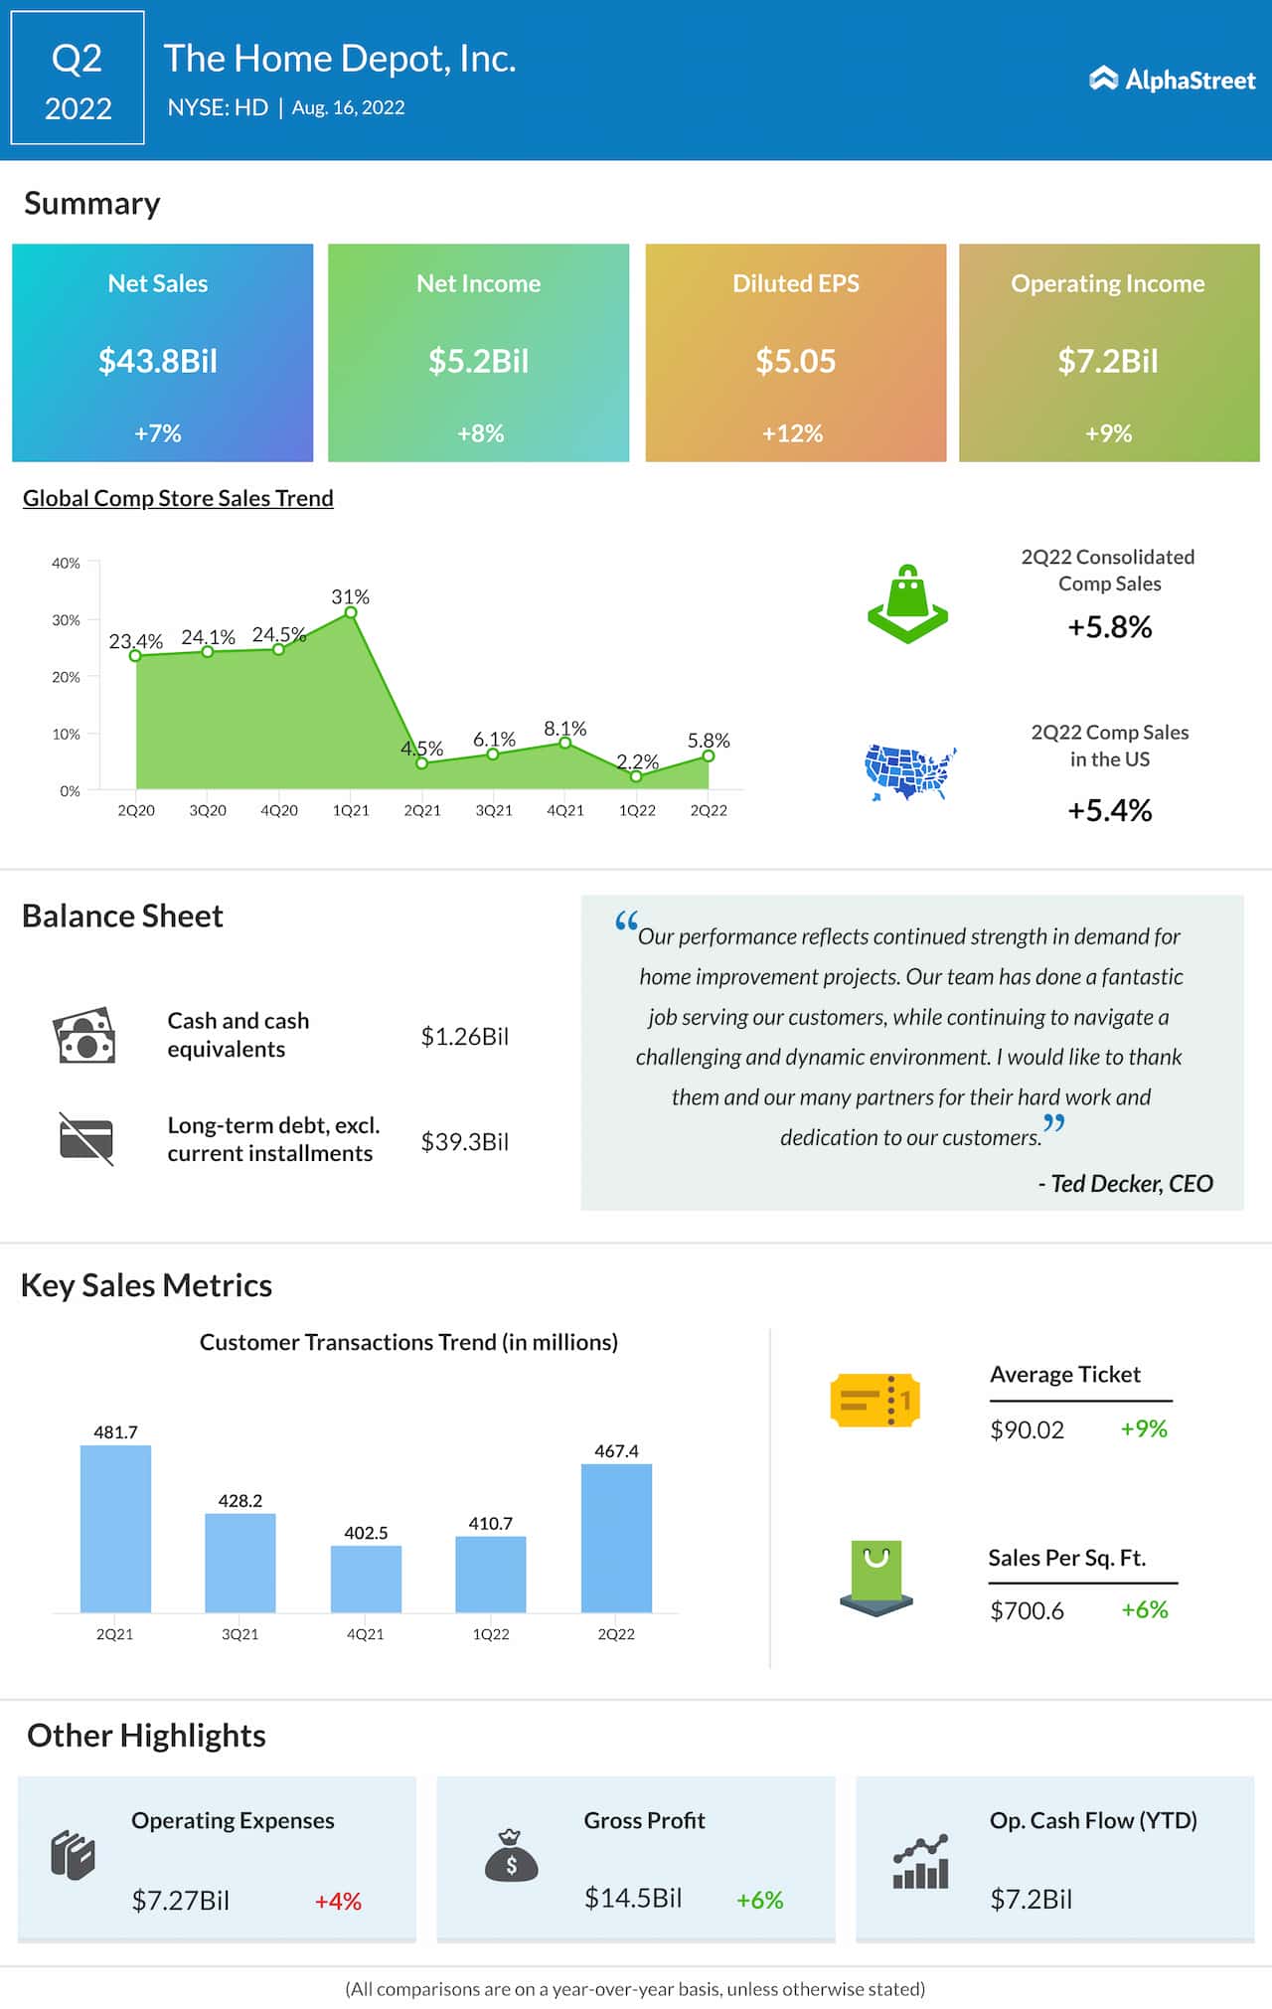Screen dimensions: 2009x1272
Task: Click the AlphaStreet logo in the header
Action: (x=1173, y=80)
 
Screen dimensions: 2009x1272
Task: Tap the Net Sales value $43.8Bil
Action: (x=158, y=361)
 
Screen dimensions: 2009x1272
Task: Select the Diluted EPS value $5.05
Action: (x=795, y=361)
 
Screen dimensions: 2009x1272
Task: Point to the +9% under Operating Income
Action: (x=1108, y=433)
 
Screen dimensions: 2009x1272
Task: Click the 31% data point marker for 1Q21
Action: (x=351, y=612)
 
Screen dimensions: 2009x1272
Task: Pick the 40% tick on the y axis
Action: (x=67, y=563)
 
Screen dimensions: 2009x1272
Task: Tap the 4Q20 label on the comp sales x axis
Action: (x=279, y=810)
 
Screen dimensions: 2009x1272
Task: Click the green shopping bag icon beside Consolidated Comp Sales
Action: (x=907, y=603)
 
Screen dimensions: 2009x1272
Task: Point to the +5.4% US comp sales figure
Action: (x=1109, y=810)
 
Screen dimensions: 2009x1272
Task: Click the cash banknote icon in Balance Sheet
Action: (x=84, y=1036)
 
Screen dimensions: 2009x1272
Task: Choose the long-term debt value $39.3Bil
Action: (x=464, y=1141)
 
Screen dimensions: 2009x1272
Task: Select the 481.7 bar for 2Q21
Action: (x=115, y=1528)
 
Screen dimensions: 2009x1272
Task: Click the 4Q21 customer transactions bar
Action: (x=366, y=1579)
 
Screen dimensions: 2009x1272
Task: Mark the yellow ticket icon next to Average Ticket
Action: (x=874, y=1401)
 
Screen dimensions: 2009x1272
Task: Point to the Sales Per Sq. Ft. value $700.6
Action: (x=1027, y=1610)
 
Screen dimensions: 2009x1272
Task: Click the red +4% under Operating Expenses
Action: (x=338, y=1901)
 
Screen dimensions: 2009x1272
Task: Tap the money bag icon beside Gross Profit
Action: (x=511, y=1856)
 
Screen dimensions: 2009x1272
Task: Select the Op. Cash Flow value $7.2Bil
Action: (x=1031, y=1899)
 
